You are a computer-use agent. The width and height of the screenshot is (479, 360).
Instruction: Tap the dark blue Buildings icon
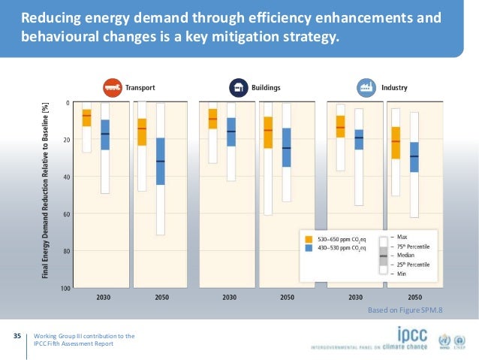click(239, 87)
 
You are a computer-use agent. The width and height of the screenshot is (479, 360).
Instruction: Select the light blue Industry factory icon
click(366, 87)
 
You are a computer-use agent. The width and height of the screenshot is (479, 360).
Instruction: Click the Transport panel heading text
click(141, 87)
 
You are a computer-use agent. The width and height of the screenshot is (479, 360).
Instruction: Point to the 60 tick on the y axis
click(67, 214)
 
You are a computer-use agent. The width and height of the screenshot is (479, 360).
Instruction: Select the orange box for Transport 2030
click(87, 118)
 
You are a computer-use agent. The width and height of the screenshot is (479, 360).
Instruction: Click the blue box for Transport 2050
click(161, 161)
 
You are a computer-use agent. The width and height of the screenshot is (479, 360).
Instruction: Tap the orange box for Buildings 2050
click(268, 132)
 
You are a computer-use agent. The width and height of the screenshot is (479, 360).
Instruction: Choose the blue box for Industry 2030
click(359, 139)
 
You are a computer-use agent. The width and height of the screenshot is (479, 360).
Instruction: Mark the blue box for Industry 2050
click(414, 157)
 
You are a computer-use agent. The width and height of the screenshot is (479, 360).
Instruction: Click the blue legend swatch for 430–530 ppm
click(308, 247)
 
